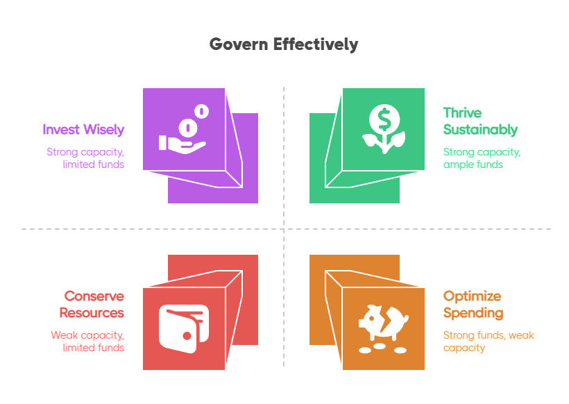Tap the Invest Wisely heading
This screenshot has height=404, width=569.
tap(83, 130)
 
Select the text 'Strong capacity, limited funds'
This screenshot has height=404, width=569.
tap(85, 158)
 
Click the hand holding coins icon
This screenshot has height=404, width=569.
tap(183, 130)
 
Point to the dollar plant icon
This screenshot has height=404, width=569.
tap(384, 129)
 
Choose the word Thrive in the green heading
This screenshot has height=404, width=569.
tap(462, 113)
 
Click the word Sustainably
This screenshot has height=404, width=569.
tap(480, 130)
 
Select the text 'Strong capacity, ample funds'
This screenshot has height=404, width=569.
tap(482, 158)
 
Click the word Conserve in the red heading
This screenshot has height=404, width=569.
tap(94, 296)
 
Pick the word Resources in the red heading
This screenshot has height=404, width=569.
tap(92, 313)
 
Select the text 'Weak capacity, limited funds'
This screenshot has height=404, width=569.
tap(87, 342)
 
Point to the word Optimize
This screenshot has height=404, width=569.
tap(472, 296)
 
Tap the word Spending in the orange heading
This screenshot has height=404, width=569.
tap(473, 313)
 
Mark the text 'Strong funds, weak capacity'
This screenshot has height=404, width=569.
tap(488, 342)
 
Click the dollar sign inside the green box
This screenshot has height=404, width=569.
tap(384, 119)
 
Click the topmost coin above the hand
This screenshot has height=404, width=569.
tap(201, 110)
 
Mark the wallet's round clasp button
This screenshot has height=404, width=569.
tap(187, 335)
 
